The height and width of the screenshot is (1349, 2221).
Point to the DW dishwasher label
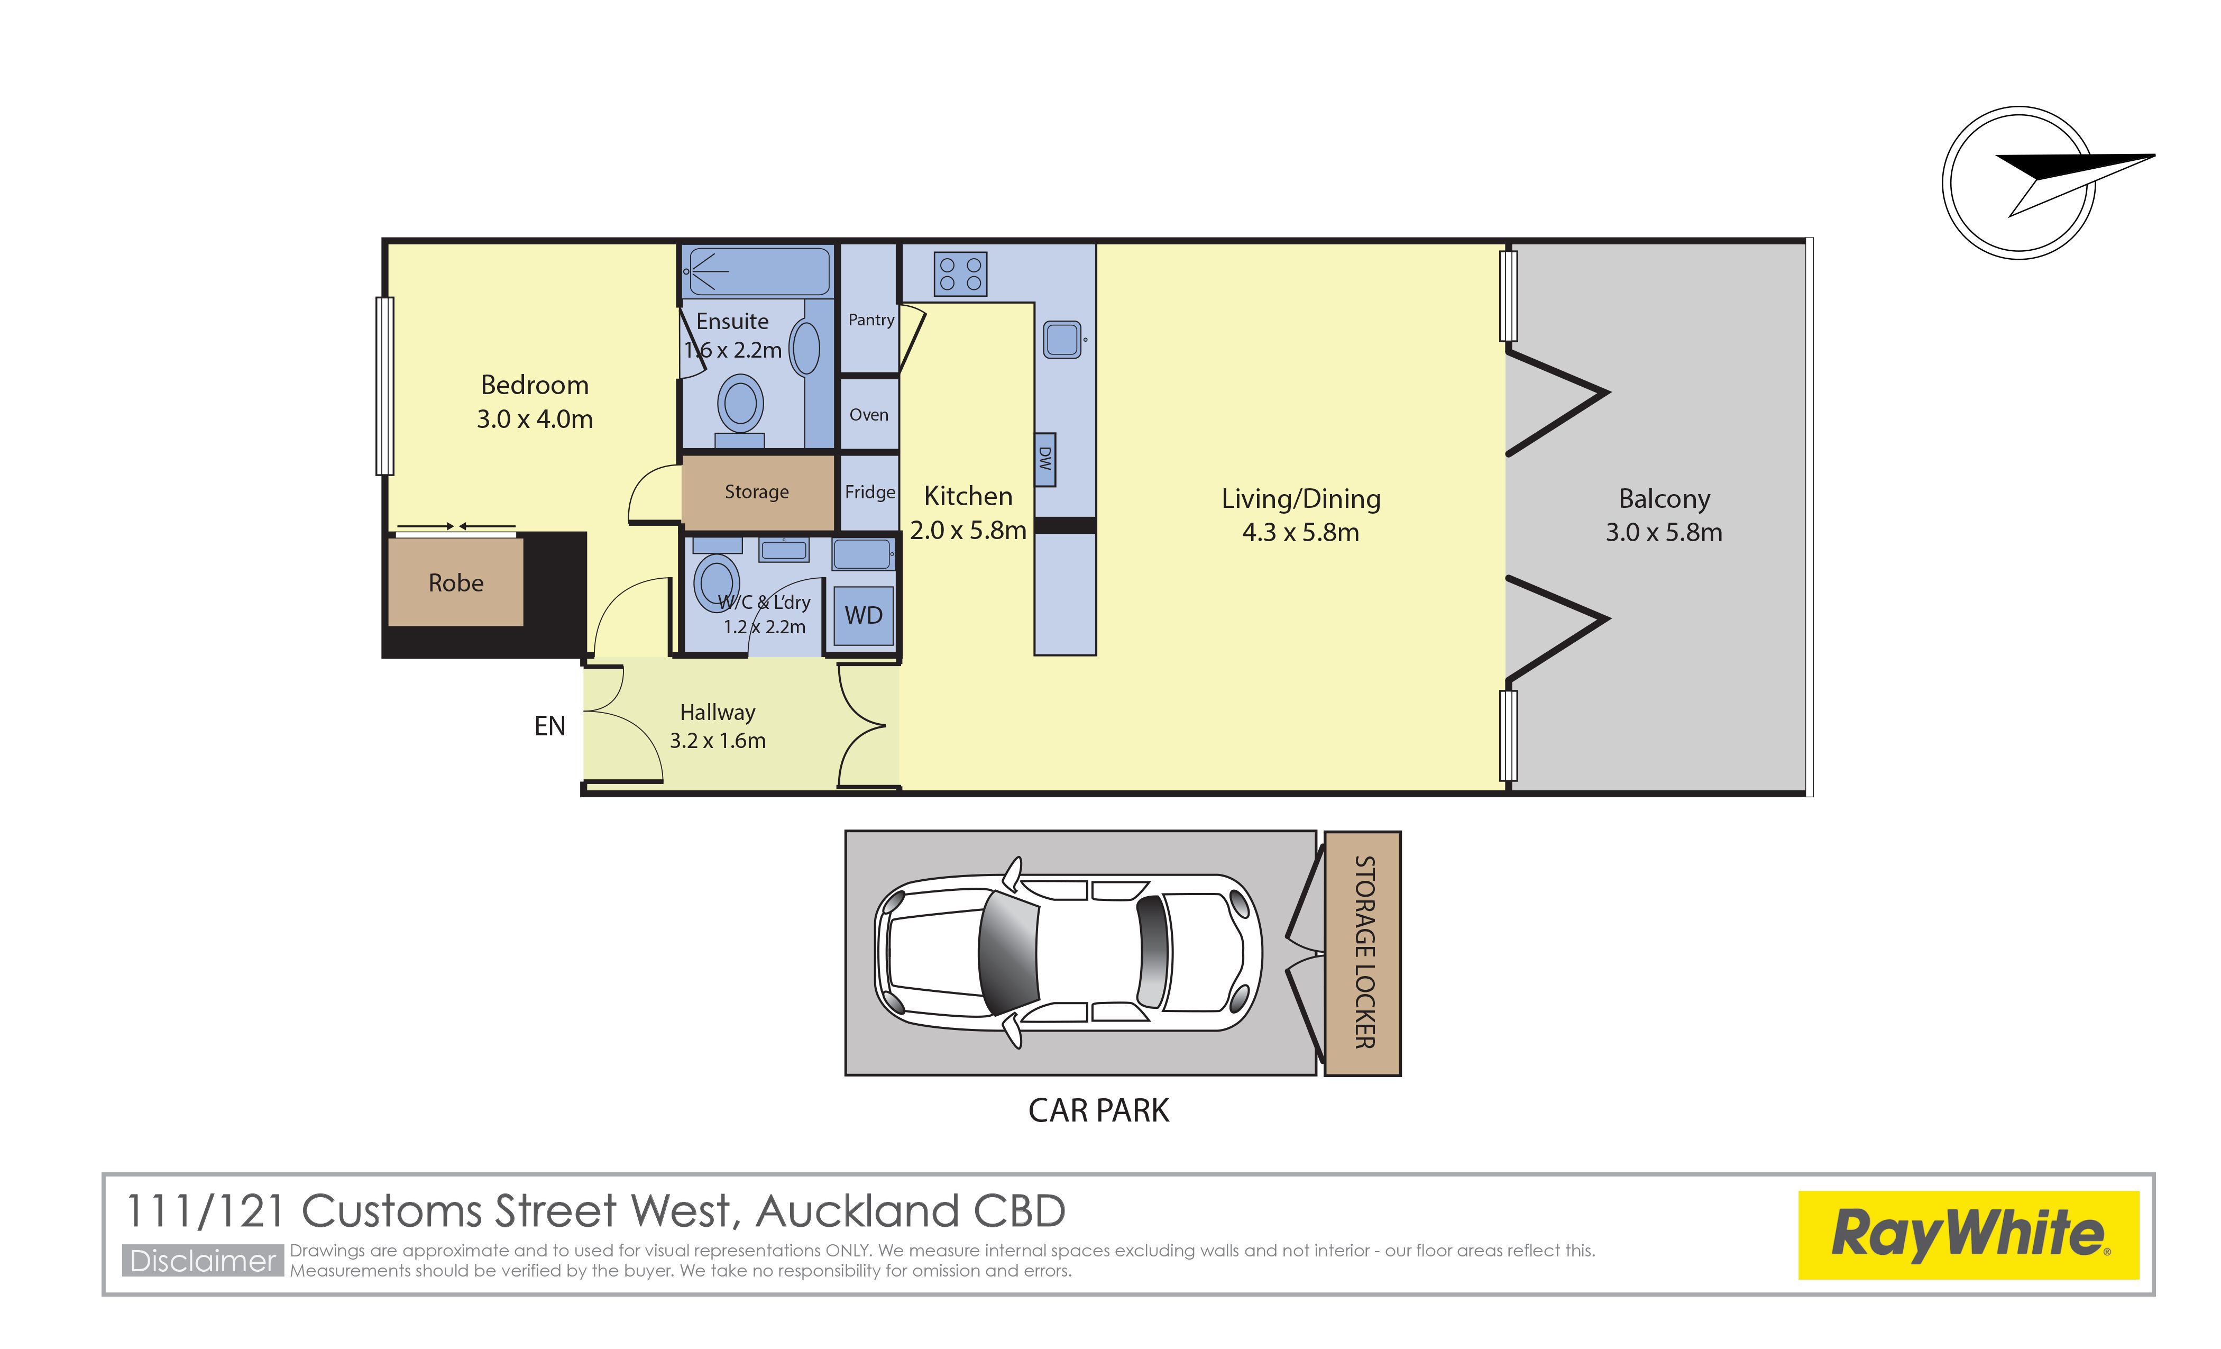coord(1045,459)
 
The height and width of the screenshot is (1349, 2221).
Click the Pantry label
coord(871,320)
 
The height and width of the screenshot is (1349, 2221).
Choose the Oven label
coord(869,415)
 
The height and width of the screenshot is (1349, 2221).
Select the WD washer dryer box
coord(864,616)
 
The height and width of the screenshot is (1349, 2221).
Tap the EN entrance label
coord(550,726)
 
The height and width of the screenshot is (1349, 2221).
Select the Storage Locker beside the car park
coord(1362,953)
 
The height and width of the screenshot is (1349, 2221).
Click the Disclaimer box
coord(203,1261)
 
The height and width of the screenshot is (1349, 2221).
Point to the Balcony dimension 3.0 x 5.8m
coord(1664,533)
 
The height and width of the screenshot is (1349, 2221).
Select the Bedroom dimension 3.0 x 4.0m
coord(535,420)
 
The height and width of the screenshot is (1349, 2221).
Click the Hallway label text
coord(718,713)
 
